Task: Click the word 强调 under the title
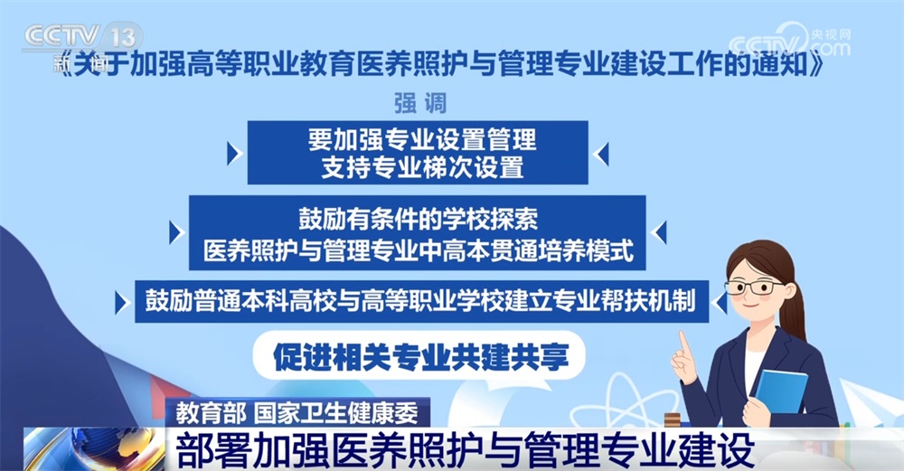click(419, 103)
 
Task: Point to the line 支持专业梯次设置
click(421, 167)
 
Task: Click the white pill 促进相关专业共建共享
click(421, 355)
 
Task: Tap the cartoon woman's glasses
click(754, 287)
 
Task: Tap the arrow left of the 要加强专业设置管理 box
click(234, 154)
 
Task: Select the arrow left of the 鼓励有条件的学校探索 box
click(175, 233)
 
